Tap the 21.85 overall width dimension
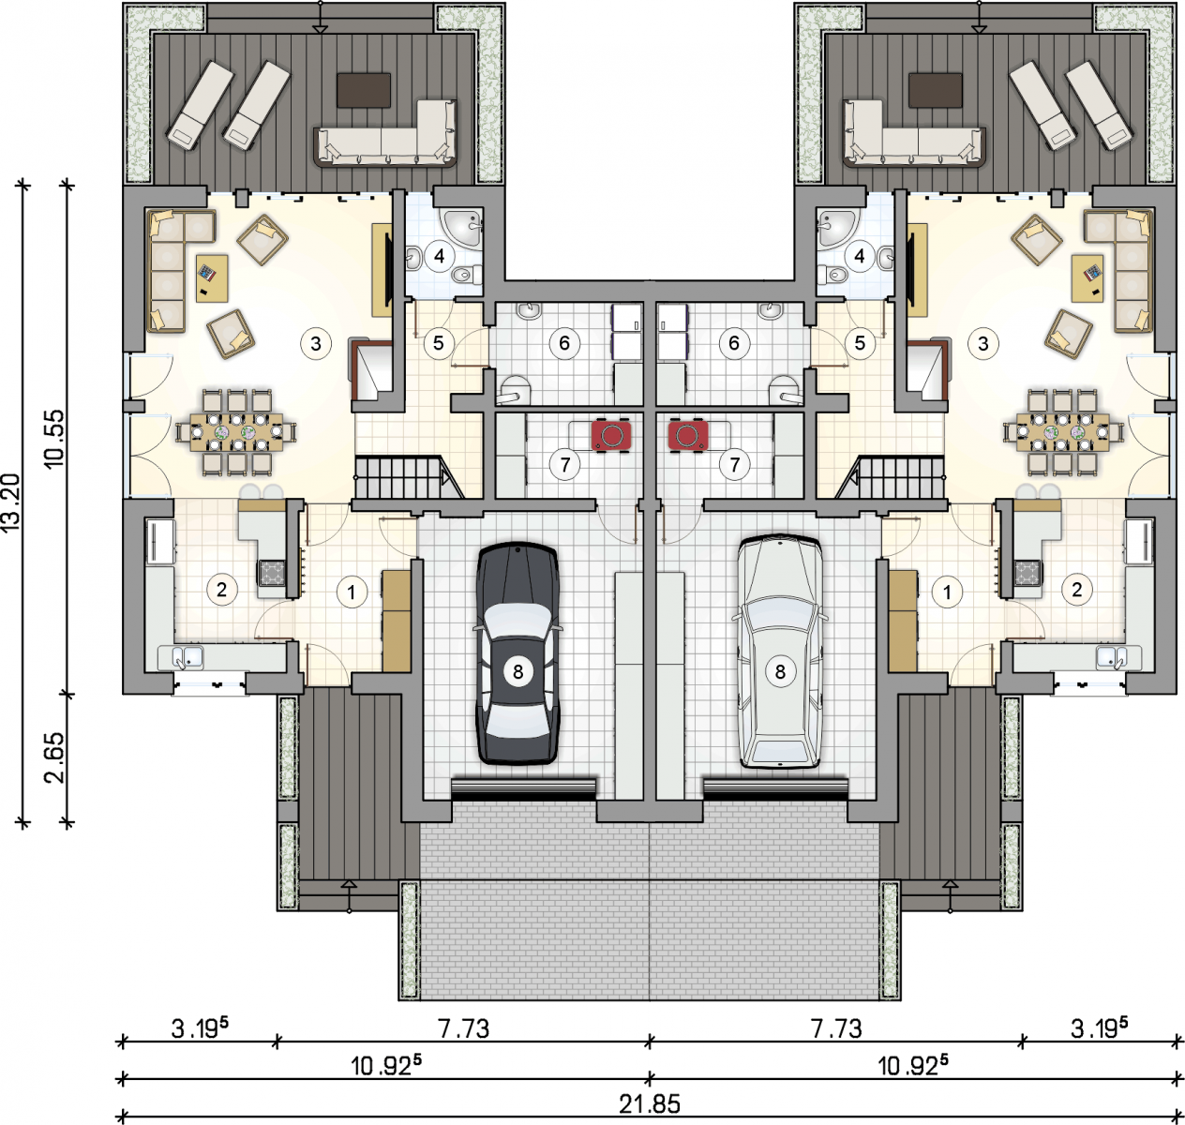click(649, 1103)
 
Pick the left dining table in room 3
click(236, 432)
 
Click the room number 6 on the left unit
click(563, 343)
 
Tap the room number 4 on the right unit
click(860, 256)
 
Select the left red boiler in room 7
click(611, 436)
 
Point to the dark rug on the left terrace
click(364, 90)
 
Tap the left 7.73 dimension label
click(463, 1027)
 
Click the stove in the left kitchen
click(272, 572)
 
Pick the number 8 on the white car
click(780, 671)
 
